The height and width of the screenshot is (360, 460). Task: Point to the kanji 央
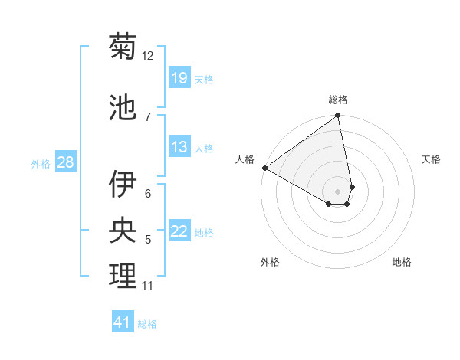click(x=123, y=230)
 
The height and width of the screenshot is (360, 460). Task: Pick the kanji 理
click(x=123, y=276)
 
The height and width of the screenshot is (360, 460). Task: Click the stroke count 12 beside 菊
click(x=148, y=55)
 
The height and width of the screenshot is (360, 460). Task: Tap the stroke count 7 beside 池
click(x=148, y=116)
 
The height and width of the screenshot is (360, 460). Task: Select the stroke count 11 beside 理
click(x=148, y=286)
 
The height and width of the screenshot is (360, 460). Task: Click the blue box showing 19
click(x=179, y=78)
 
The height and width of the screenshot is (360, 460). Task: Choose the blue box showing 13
click(x=179, y=147)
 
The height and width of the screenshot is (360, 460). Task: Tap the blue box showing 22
click(x=179, y=232)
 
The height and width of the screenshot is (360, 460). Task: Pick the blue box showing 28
click(x=65, y=162)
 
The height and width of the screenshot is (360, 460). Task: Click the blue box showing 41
click(x=123, y=322)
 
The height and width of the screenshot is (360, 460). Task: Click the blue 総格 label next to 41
click(x=147, y=324)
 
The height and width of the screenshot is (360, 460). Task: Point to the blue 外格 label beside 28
click(x=41, y=164)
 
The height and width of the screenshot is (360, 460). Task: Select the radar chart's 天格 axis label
click(x=431, y=159)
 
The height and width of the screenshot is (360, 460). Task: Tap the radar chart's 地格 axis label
click(x=402, y=262)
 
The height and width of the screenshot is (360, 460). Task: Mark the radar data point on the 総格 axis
click(x=338, y=116)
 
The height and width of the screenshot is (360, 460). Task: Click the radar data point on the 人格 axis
click(x=264, y=168)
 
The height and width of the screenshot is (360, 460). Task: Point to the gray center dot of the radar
click(x=337, y=191)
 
